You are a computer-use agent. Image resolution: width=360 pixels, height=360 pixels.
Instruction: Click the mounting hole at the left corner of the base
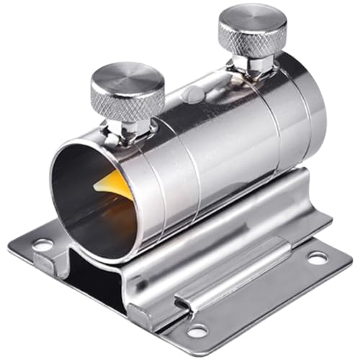pyautogui.click(x=42, y=245)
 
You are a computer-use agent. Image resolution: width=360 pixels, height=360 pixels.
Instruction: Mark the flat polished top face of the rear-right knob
pyautogui.click(x=252, y=18)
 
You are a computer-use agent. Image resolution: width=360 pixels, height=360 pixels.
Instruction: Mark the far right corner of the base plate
pyautogui.click(x=350, y=256)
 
